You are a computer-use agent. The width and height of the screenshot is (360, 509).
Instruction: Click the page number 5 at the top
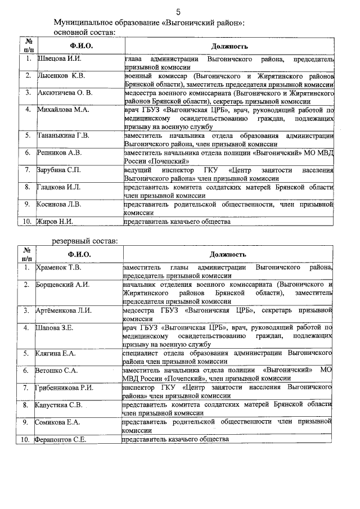[x=178, y=12]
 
